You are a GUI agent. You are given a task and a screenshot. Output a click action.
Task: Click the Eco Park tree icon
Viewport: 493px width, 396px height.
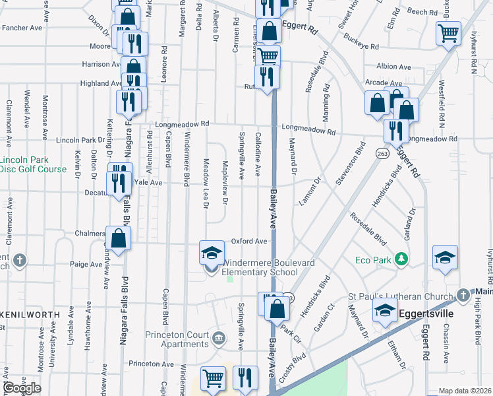coord(399,258)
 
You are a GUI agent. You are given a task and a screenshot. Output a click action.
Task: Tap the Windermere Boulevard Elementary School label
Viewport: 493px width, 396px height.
coord(260,267)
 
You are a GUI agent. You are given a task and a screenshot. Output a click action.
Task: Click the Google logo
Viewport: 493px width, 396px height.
coord(22,388)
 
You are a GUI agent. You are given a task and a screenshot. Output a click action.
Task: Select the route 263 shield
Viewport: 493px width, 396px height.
coord(383,152)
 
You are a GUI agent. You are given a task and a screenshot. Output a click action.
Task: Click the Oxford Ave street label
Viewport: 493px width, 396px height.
coord(248,242)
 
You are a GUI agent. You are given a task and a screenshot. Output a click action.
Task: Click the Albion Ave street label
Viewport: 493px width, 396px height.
coord(393,67)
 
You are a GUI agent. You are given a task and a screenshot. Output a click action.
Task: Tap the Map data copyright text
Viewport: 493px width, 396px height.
coord(465,390)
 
